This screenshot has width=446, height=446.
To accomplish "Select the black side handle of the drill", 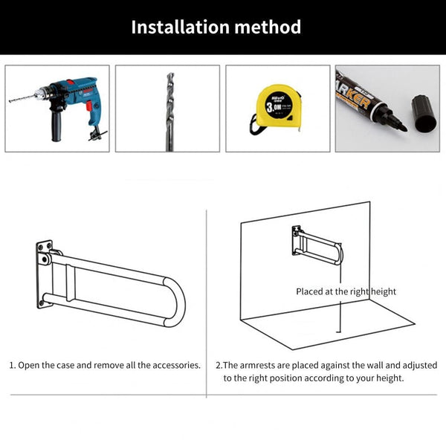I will point(56,126).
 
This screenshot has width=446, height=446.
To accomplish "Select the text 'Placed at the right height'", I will point(346,291).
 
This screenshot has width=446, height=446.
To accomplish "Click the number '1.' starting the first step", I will point(12,366).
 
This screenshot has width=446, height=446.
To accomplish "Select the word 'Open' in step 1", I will point(30,366).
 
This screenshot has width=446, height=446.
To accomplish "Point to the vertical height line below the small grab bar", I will point(340,312).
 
